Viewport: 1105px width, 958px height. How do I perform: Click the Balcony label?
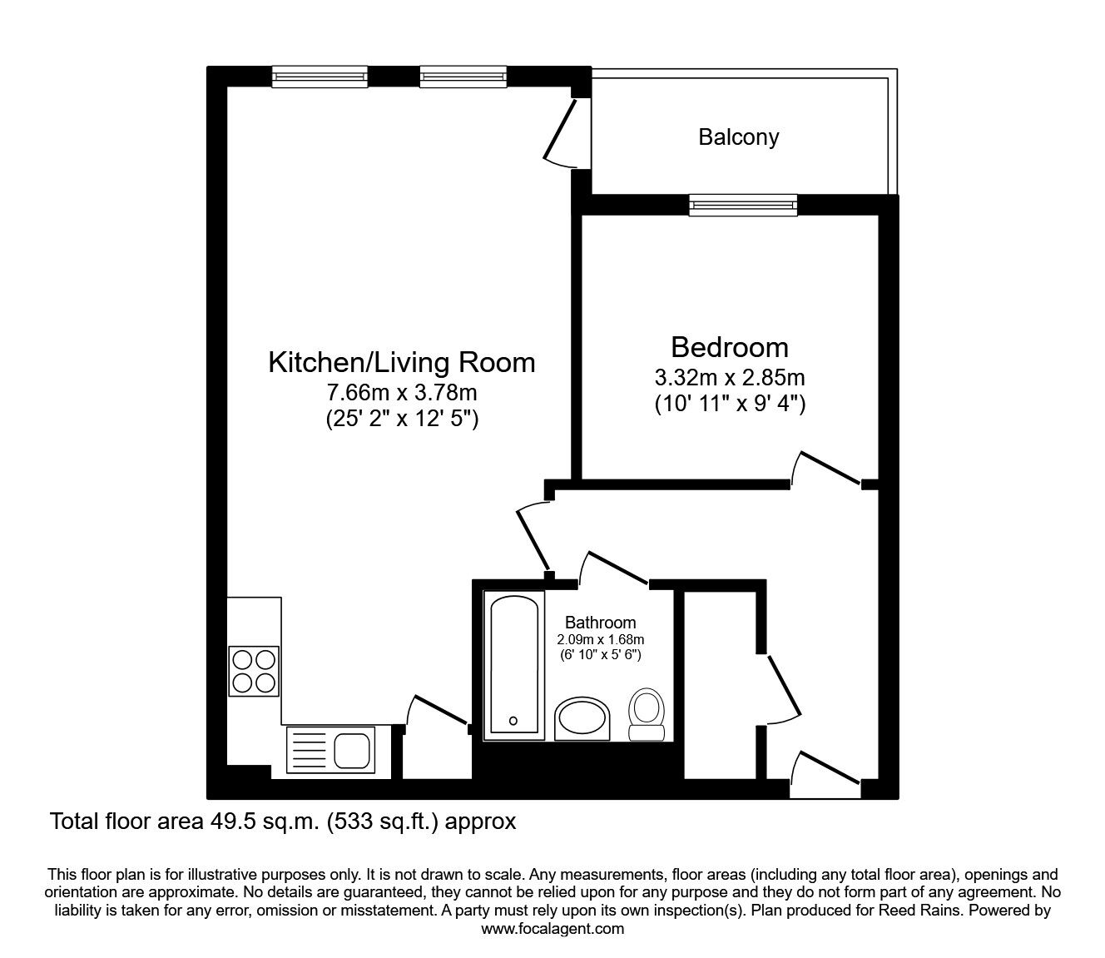pos(738,137)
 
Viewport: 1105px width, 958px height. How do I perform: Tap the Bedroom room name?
pos(729,346)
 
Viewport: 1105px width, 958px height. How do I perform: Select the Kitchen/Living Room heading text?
pos(401,362)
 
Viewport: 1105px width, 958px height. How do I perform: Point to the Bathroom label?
pos(600,622)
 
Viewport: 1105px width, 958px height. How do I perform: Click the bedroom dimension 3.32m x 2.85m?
pos(729,378)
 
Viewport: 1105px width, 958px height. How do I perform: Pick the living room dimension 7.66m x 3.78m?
pos(401,392)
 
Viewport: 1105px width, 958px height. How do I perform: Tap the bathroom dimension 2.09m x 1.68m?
pos(601,639)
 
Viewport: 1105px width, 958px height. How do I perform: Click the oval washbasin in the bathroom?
pos(582,718)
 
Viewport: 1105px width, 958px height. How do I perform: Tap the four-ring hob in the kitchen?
pos(254,672)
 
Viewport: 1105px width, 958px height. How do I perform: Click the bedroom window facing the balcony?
pos(743,204)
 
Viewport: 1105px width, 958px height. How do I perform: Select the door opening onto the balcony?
pos(560,133)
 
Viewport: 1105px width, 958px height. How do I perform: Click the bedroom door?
pos(827,467)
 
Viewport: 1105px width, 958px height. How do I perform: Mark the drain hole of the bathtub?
pos(513,721)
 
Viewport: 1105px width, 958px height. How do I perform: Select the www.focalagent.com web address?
pos(552,929)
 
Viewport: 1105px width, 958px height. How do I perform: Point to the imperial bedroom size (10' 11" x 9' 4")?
pos(729,405)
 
